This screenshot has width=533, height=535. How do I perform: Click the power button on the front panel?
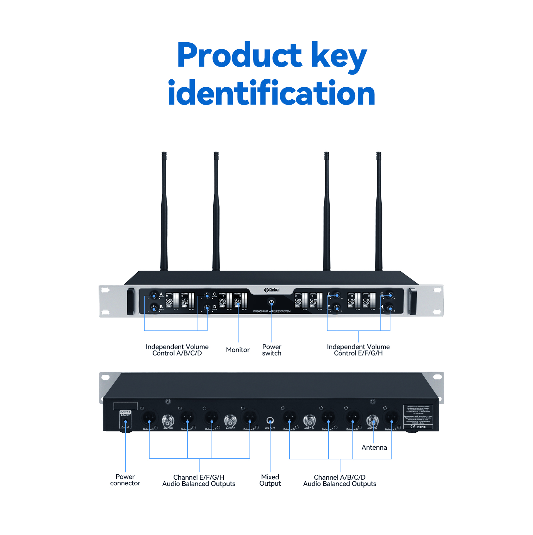[x=271, y=302]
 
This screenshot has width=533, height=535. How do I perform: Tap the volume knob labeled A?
[x=154, y=295]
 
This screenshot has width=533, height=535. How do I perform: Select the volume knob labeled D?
[x=207, y=308]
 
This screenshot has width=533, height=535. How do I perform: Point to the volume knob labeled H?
[x=390, y=308]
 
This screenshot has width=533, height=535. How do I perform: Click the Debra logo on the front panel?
[x=272, y=290]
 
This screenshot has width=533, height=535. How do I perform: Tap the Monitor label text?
[x=238, y=350]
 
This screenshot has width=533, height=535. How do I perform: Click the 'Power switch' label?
[x=271, y=350]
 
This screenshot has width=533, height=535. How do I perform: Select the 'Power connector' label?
[x=125, y=480]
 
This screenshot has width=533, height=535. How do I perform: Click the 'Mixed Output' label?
[x=270, y=480]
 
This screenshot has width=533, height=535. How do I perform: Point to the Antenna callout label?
[x=374, y=447]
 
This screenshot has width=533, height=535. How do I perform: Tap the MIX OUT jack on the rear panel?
[x=270, y=421]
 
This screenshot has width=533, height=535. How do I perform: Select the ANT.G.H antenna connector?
[x=168, y=420]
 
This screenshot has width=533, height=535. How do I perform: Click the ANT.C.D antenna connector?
[x=309, y=420]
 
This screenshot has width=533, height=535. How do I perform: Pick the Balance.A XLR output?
[x=391, y=417]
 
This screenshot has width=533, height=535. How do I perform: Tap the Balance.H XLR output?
[x=149, y=417]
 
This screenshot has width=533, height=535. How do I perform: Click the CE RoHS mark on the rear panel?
[x=418, y=426]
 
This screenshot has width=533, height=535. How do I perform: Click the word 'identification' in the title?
[x=271, y=93]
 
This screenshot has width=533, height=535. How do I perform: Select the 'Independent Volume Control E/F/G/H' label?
[x=358, y=350]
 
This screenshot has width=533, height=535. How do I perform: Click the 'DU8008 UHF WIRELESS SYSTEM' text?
[x=271, y=311]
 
